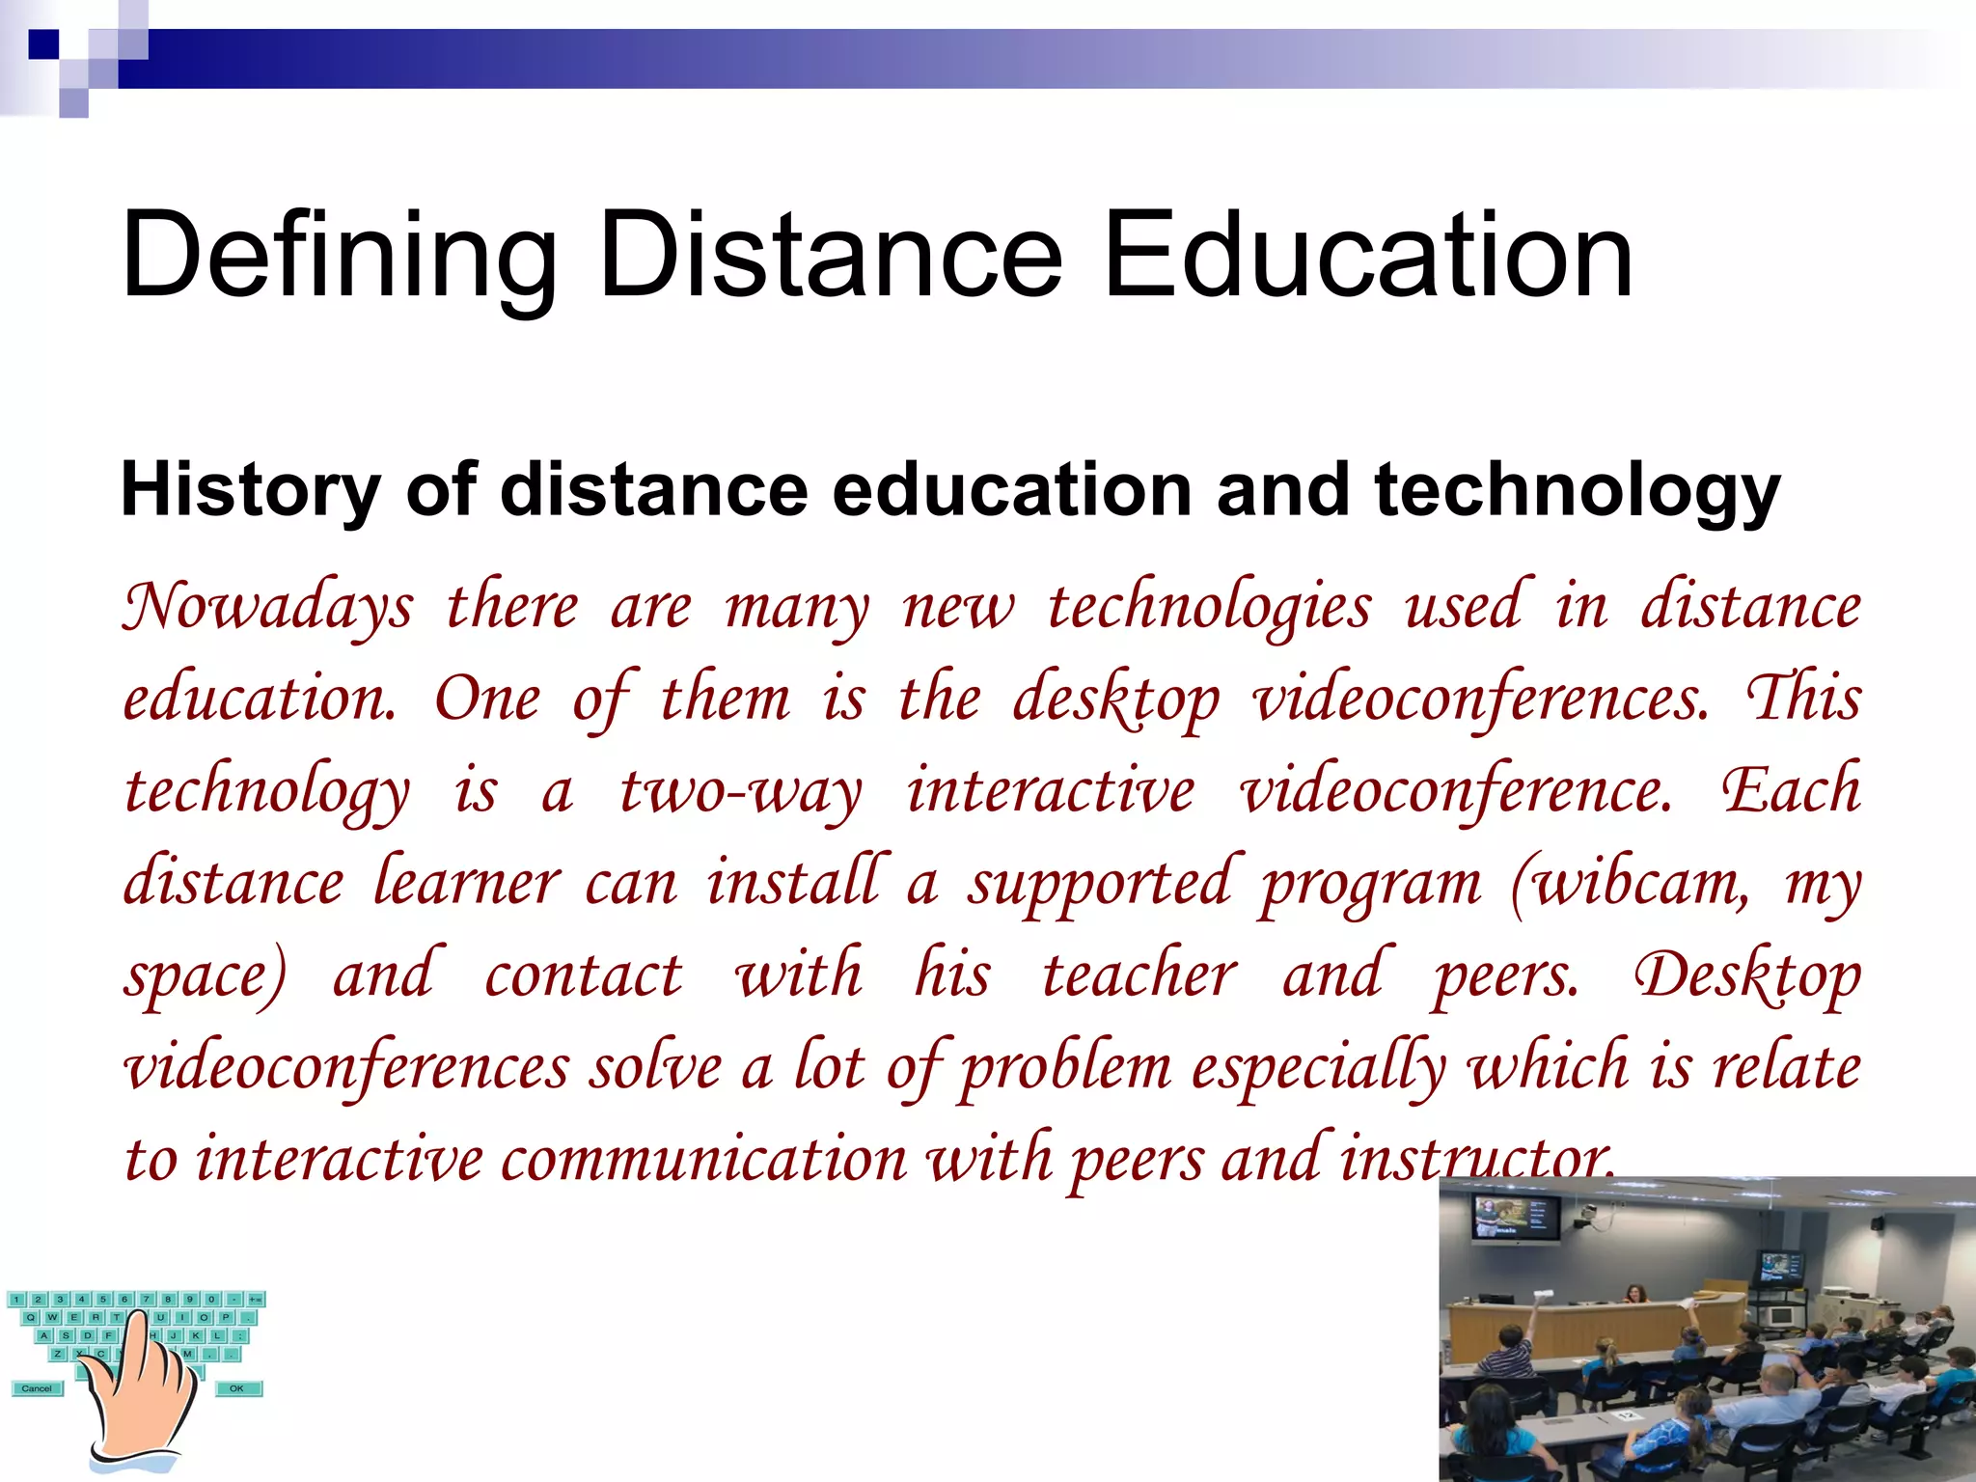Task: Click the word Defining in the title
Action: click(339, 257)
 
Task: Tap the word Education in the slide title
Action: click(1367, 257)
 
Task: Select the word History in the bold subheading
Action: click(250, 490)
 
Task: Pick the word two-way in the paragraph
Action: click(739, 791)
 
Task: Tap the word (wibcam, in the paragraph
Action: click(1630, 882)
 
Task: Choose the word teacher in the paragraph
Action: click(1139, 974)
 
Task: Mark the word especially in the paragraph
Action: click(1318, 1067)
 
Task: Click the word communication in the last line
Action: click(703, 1158)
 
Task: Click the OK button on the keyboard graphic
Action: click(236, 1388)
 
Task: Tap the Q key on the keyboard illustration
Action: click(31, 1317)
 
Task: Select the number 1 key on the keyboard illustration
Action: click(16, 1300)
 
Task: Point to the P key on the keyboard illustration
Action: click(226, 1317)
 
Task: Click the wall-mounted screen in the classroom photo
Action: click(1514, 1218)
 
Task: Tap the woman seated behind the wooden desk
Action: click(1634, 1294)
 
